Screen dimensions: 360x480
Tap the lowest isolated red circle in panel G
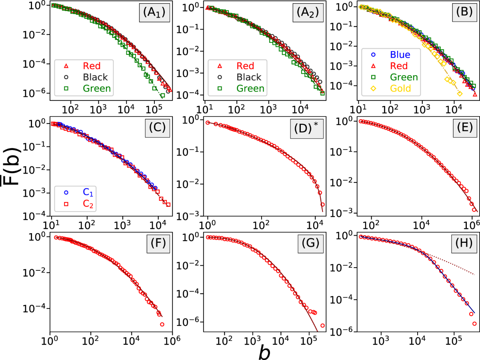[x=322, y=325]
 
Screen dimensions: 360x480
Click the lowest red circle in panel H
[x=474, y=324]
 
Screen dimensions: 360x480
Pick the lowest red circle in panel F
[x=162, y=324]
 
